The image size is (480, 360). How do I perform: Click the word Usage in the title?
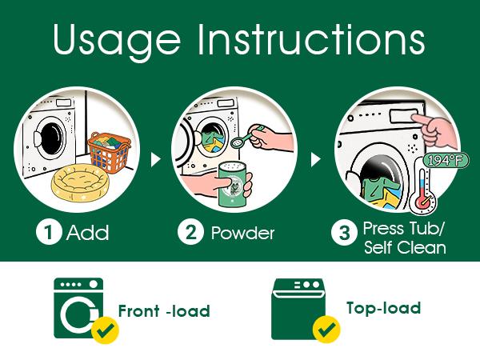click(x=117, y=41)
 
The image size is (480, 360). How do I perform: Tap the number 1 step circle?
click(x=49, y=232)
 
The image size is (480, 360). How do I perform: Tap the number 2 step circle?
click(x=190, y=232)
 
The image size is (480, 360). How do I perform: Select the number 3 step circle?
click(x=344, y=233)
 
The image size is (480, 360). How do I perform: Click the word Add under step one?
click(x=87, y=232)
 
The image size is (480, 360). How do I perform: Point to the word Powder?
click(x=242, y=233)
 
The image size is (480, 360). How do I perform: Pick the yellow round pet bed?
click(x=80, y=183)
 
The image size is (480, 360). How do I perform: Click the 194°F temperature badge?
click(x=446, y=160)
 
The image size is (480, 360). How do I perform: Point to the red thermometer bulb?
click(x=422, y=202)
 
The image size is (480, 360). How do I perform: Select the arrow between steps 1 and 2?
click(x=155, y=159)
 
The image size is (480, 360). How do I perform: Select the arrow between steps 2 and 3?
click(x=315, y=159)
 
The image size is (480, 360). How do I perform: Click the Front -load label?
click(x=164, y=311)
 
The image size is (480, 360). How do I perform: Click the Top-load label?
click(x=383, y=308)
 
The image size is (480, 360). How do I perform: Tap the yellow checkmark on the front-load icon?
click(x=106, y=330)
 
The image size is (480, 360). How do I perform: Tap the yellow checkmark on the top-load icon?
click(x=326, y=330)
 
